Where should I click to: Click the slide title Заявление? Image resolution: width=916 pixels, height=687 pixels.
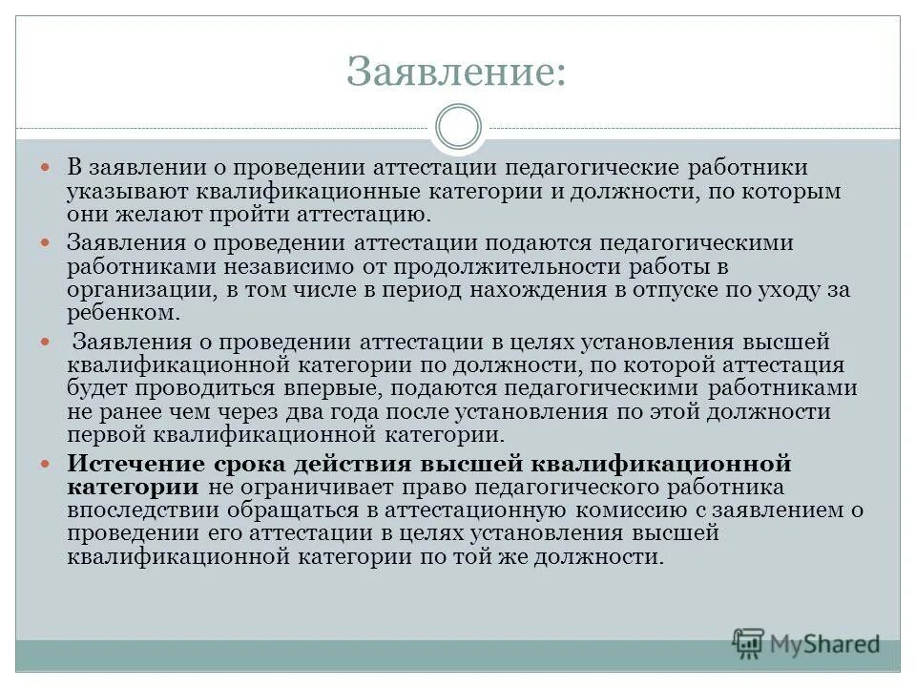click(x=456, y=72)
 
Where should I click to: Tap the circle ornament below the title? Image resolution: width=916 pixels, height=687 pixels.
click(x=458, y=128)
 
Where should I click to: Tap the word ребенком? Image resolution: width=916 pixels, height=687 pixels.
click(x=123, y=312)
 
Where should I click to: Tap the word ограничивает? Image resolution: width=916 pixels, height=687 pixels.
click(x=311, y=487)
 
